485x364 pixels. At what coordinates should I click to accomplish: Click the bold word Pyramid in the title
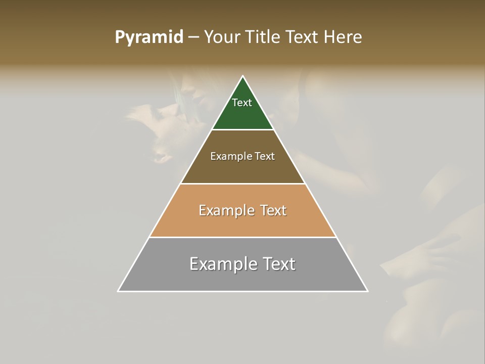coord(149,37)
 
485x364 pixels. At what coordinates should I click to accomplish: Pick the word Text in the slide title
coord(303,37)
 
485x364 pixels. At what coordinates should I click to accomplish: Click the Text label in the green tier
coord(242,103)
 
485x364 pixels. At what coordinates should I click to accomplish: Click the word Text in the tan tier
coord(273,210)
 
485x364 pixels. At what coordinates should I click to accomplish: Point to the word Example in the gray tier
coord(222,264)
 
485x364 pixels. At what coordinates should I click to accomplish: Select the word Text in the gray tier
coord(278,264)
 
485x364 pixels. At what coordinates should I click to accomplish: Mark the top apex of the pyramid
coord(243,76)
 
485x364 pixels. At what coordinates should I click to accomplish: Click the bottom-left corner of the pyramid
coord(118,291)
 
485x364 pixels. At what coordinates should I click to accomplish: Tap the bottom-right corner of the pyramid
coord(367,291)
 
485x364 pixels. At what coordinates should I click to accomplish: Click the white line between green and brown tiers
coord(243,130)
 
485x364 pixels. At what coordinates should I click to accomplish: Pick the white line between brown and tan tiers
coord(243,184)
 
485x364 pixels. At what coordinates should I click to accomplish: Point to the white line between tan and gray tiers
coord(243,237)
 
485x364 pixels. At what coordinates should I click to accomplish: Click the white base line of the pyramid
coord(243,291)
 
